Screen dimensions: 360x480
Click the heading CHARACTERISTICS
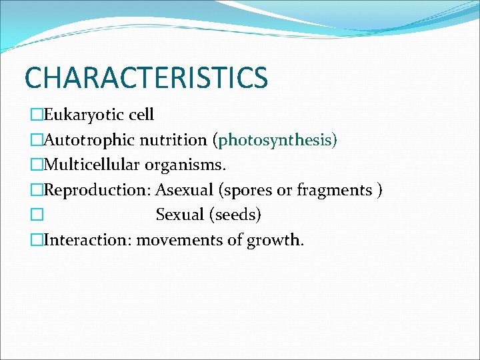146,77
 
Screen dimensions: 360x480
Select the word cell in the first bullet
141,115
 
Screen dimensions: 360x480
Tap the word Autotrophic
89,140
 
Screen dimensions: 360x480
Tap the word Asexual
185,190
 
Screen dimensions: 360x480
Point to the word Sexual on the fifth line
180,215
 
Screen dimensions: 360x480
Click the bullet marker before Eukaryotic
36,115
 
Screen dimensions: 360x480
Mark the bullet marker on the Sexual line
36,215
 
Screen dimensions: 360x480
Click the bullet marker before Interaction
36,239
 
